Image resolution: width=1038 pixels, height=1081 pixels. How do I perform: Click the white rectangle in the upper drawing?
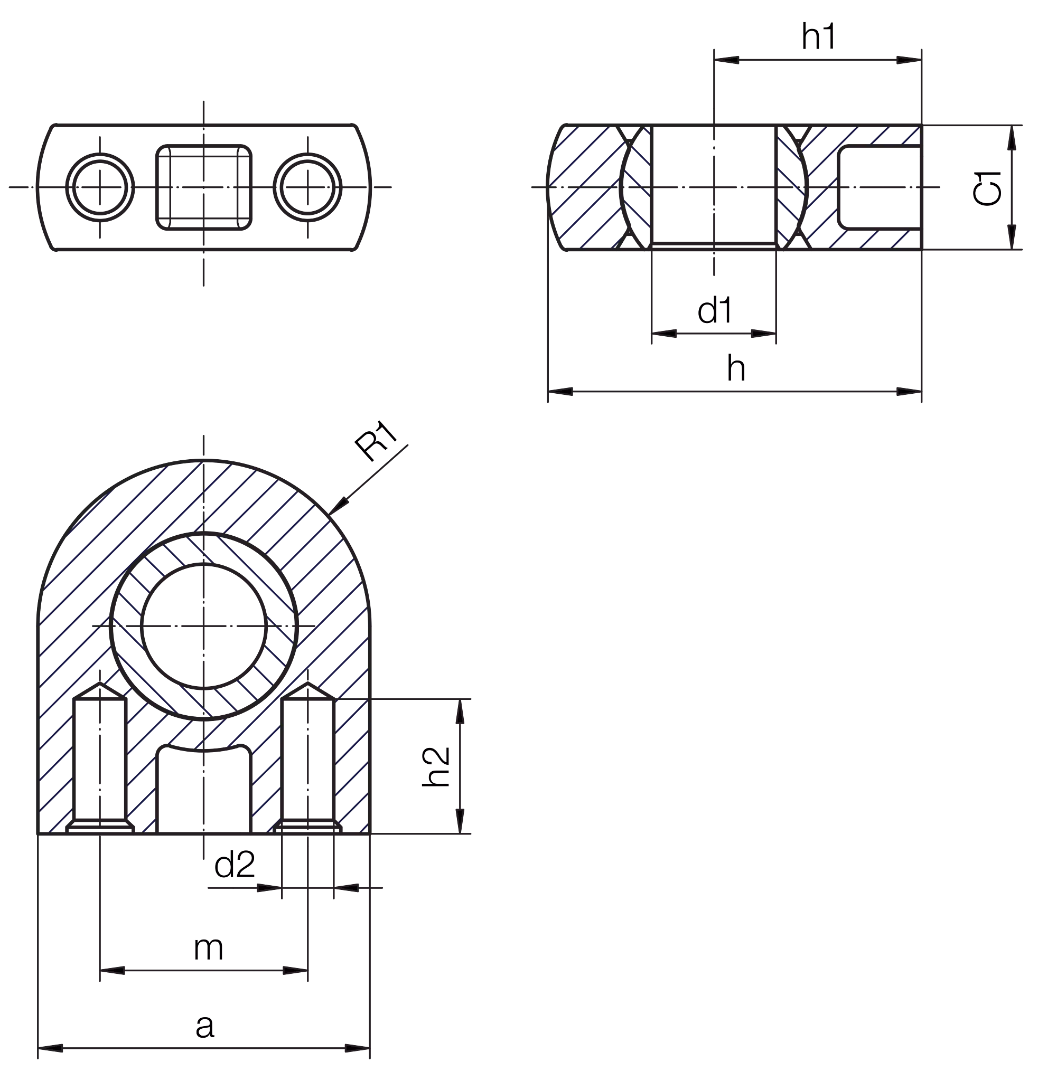pos(847,329)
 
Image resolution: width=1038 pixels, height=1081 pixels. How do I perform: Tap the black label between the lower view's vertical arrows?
pos(437,769)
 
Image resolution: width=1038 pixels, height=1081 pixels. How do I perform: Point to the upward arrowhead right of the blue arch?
pos(460,714)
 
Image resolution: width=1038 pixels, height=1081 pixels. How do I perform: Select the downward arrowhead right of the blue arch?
pos(460,819)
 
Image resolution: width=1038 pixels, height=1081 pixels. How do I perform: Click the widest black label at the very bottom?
pos(280,1026)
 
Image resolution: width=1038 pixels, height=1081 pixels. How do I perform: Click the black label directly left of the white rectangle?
pos(734,311)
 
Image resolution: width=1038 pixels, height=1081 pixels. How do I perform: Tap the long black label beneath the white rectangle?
pos(821,368)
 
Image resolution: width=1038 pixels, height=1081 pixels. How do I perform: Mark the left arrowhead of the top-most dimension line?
pos(730,60)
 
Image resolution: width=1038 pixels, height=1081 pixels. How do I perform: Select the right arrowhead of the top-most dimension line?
pos(906,60)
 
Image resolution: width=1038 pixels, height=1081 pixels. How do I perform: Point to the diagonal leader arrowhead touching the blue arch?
pos(341,504)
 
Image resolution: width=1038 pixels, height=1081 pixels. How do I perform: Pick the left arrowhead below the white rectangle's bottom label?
pos(564,392)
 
